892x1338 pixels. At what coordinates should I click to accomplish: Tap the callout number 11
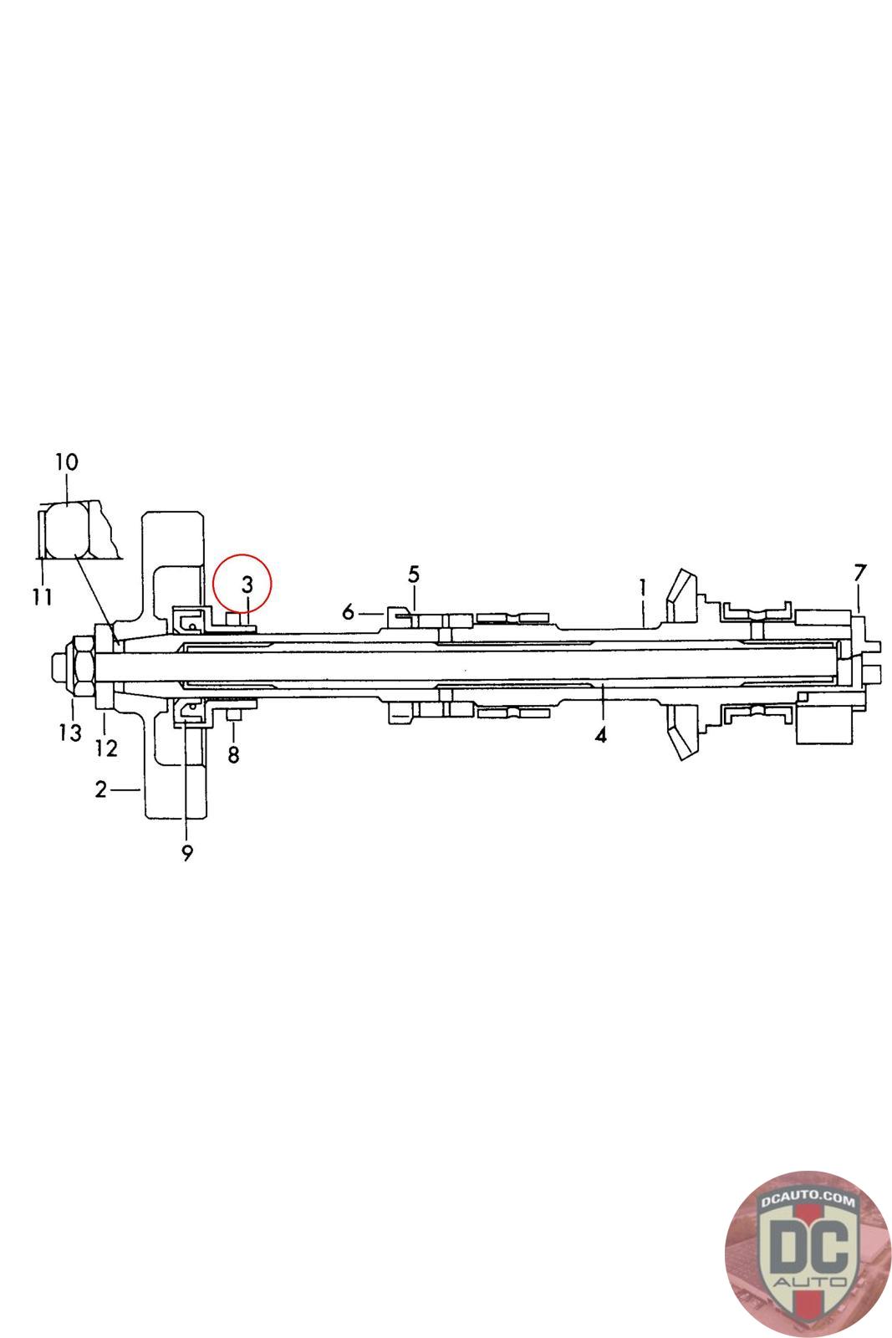coord(43,596)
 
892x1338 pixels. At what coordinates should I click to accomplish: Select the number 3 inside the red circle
coord(247,585)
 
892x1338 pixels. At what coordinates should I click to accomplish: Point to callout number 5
coord(414,575)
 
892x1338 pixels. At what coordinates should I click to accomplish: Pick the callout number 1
coord(642,588)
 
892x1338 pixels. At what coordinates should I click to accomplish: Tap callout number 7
coord(859,573)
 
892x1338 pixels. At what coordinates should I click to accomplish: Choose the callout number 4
coord(600,735)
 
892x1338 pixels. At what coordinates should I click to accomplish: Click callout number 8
coord(233,755)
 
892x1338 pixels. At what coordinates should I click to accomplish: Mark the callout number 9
coord(187,854)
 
